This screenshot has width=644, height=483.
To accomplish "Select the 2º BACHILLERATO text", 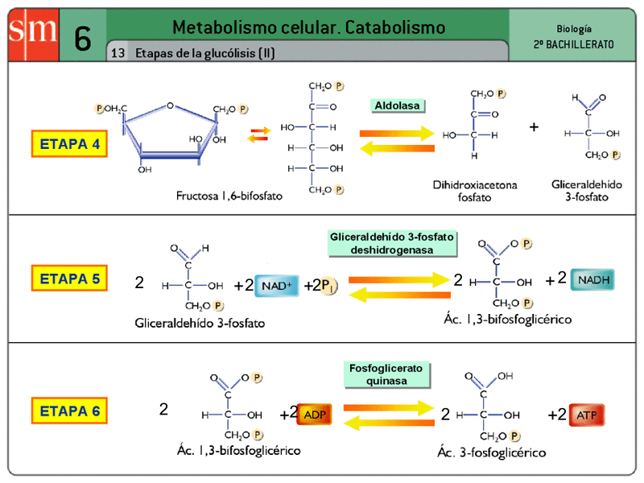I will pyautogui.click(x=573, y=44).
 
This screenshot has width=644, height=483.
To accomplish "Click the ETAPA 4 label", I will pyautogui.click(x=70, y=144).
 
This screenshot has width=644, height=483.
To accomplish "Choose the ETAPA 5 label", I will pyautogui.click(x=70, y=279).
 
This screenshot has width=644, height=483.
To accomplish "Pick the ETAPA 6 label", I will pyautogui.click(x=70, y=411).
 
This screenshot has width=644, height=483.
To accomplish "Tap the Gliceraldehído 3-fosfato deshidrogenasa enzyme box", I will pyautogui.click(x=392, y=243).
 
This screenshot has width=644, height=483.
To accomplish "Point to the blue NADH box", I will pyautogui.click(x=593, y=280).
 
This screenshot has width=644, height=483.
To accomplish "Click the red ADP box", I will pyautogui.click(x=314, y=414).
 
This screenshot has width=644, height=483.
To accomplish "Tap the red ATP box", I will pyautogui.click(x=585, y=415).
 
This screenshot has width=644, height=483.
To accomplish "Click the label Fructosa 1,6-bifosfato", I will pyautogui.click(x=229, y=196).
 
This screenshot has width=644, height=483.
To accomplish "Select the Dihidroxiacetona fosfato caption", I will pyautogui.click(x=475, y=190).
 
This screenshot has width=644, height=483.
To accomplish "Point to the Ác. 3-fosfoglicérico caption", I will pyautogui.click(x=491, y=452).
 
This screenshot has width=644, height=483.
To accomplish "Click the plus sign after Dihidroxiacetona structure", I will pyautogui.click(x=534, y=126).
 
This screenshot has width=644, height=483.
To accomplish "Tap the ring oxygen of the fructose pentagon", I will pyautogui.click(x=170, y=105).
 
